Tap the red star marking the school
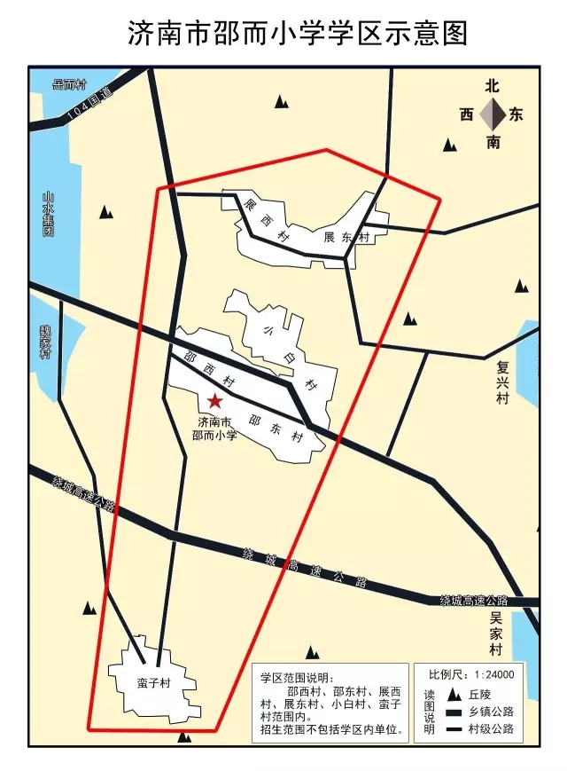point(215,402)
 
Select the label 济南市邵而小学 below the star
point(215,428)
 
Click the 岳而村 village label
point(70,85)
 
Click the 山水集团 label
point(49,214)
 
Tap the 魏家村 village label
point(45,342)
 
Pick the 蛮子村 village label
point(153,684)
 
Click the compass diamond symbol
point(493,114)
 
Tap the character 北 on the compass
point(493,86)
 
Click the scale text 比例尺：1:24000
point(472,673)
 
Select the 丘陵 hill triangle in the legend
point(453,695)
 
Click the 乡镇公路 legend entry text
point(492,712)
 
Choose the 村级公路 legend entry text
point(492,730)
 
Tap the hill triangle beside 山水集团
point(106,212)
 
